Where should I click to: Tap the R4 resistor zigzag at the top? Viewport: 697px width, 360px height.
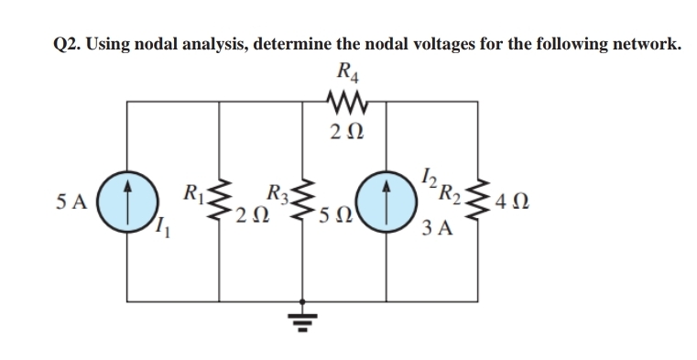pos(347,98)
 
